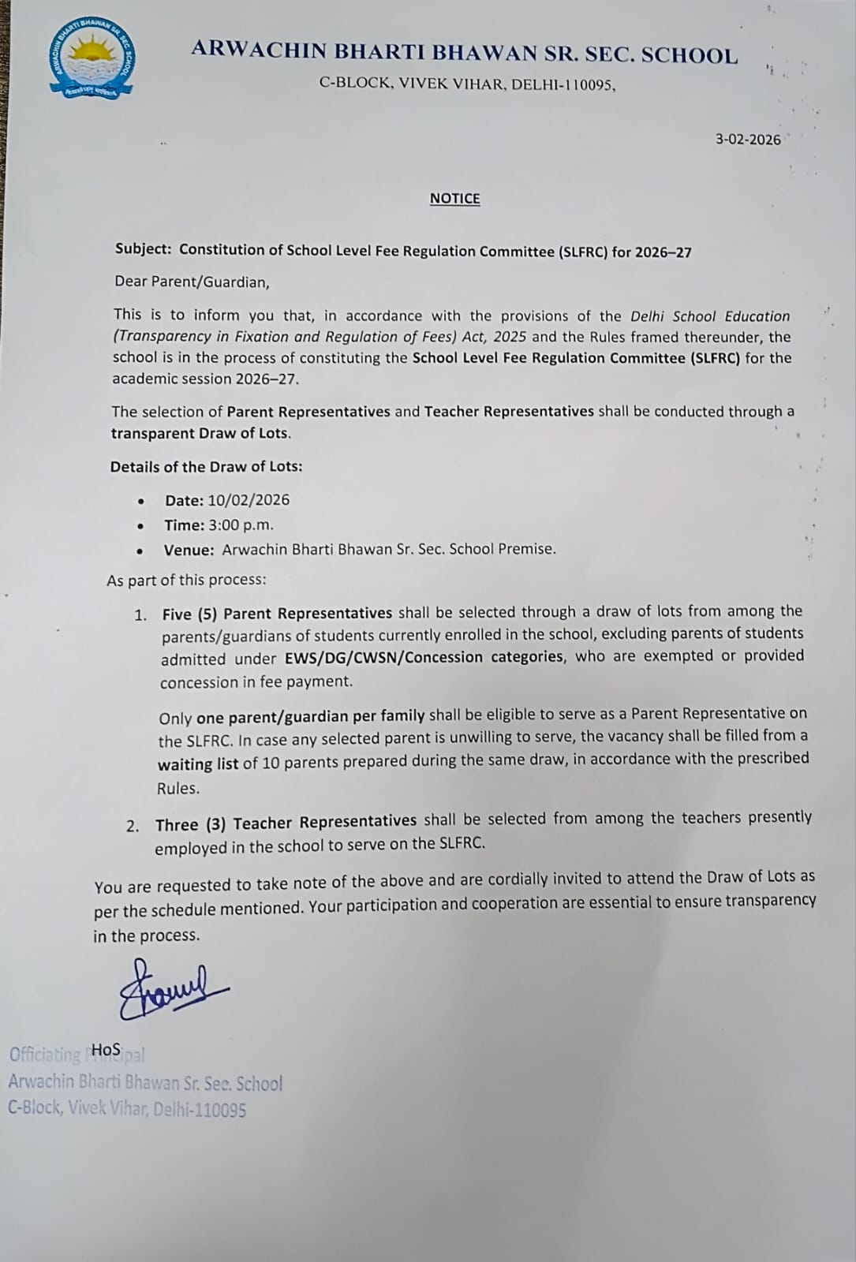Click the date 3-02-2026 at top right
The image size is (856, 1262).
748,140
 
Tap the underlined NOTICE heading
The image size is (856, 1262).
454,199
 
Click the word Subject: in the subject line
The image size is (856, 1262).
143,249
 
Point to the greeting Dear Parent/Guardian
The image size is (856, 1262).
192,282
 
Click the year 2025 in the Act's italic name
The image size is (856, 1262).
510,337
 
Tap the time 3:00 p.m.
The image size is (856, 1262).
241,525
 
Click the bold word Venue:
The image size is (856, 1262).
189,550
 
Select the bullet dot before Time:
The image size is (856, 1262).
140,526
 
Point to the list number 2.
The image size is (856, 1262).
133,826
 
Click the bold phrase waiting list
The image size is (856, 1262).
197,764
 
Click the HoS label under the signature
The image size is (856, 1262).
106,1050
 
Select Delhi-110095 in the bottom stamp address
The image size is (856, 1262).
200,1110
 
